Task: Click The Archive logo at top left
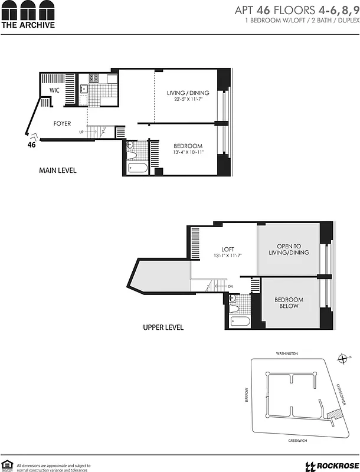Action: tap(28, 15)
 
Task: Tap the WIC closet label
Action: tap(54, 90)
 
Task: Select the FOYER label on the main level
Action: tap(63, 124)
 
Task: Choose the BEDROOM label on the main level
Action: tap(188, 146)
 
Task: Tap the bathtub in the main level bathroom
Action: tap(138, 169)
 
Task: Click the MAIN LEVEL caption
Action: tap(58, 171)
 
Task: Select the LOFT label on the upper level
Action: tap(228, 249)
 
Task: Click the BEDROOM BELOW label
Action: tap(289, 303)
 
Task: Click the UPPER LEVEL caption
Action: tap(163, 327)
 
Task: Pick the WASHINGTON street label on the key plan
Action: tap(287, 353)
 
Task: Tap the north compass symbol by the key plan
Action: tap(343, 358)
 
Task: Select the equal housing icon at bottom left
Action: tap(8, 465)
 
